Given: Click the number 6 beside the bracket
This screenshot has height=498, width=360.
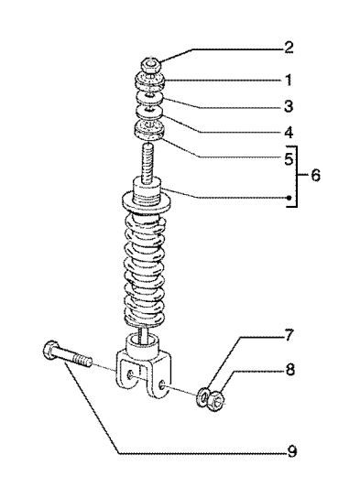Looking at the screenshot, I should click(316, 174).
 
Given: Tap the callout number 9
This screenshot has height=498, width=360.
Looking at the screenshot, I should click(290, 450).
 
